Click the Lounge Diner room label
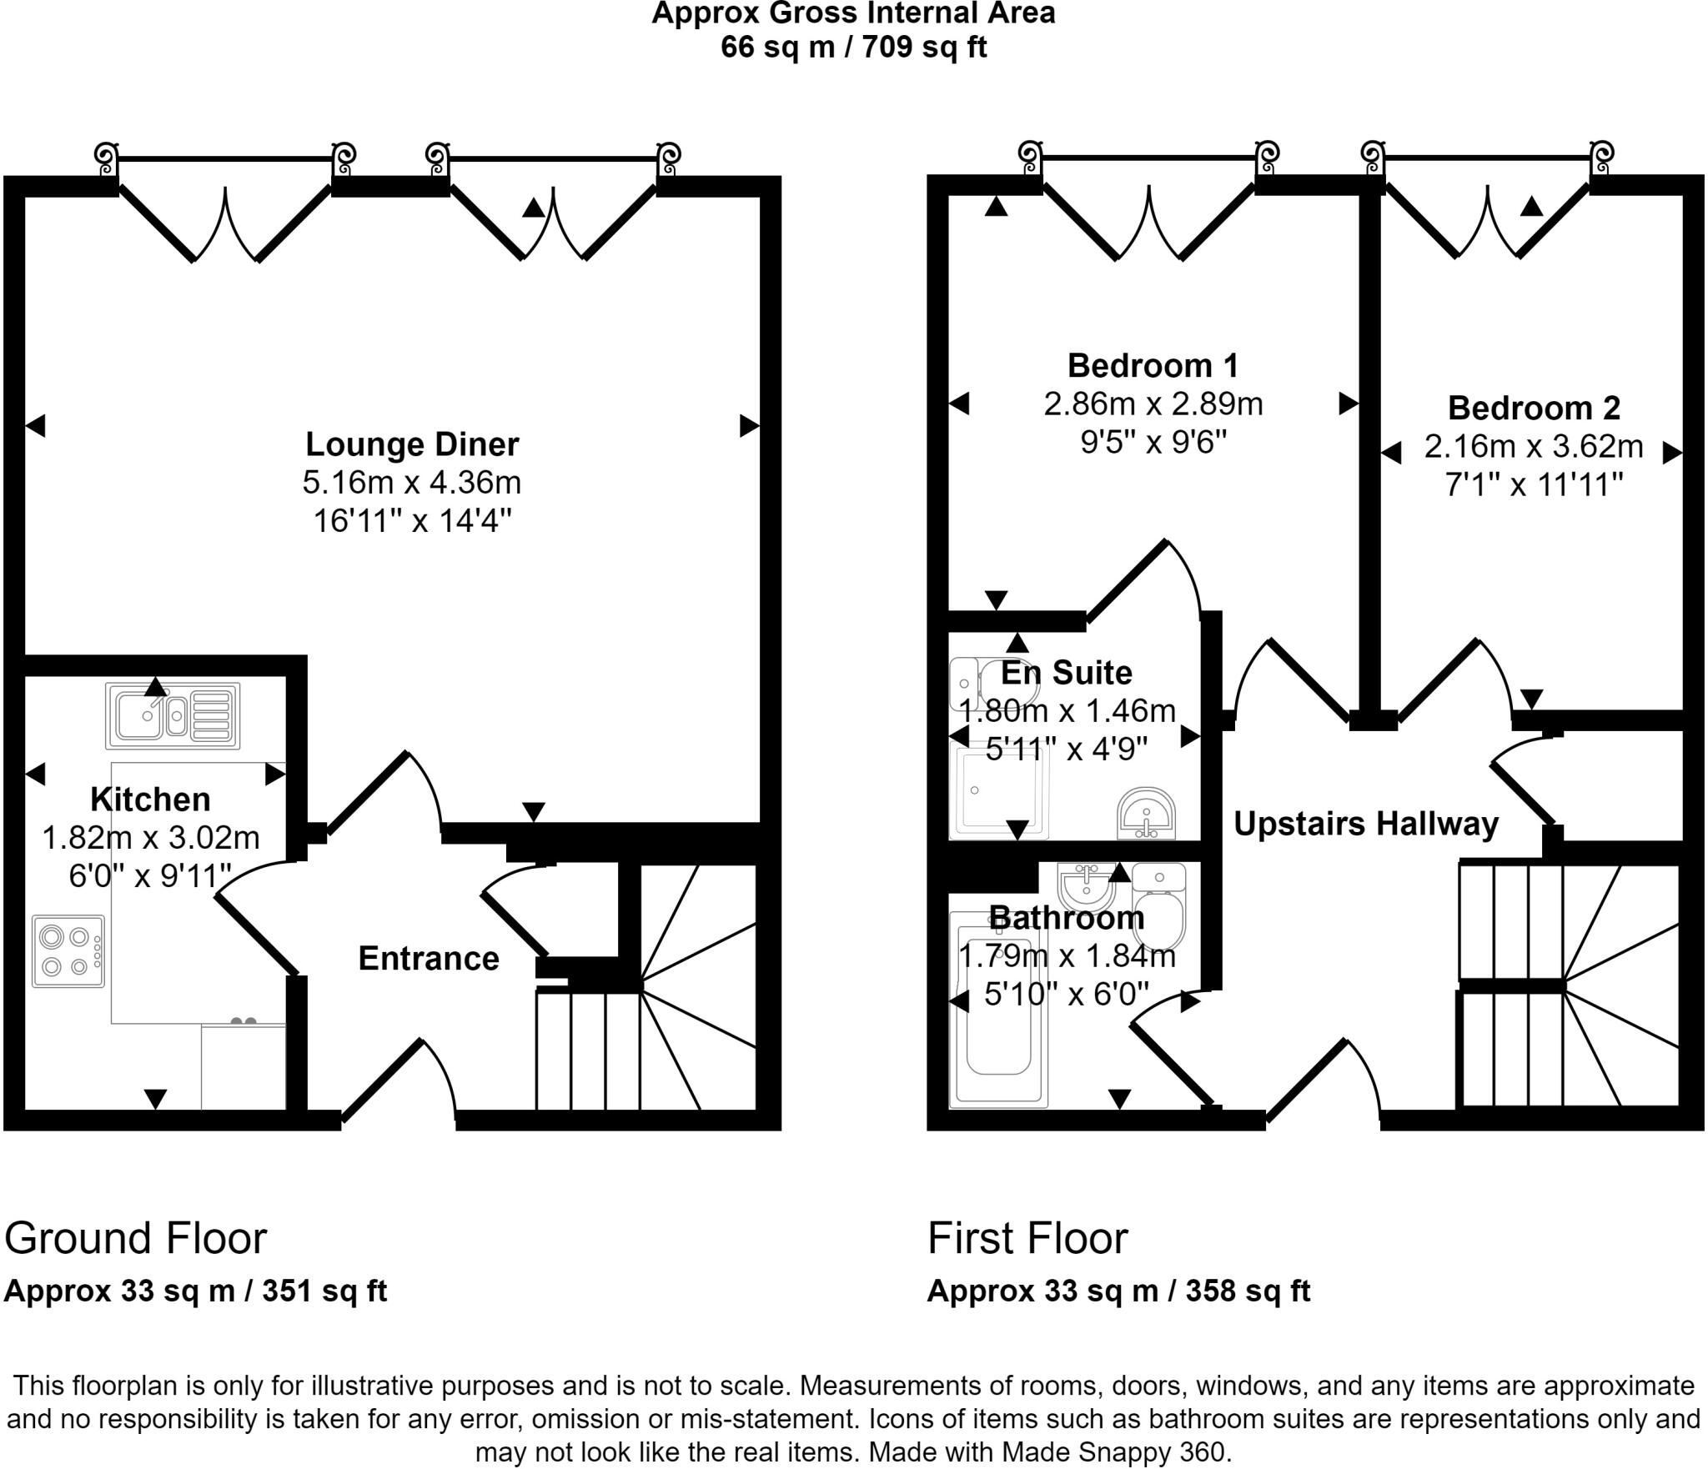click(412, 444)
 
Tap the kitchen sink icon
click(173, 715)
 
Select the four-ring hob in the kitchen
click(69, 951)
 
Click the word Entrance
click(429, 959)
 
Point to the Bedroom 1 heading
click(1153, 366)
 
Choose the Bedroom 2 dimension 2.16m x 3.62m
click(1534, 447)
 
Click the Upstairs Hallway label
click(1366, 824)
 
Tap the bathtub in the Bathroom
click(998, 1010)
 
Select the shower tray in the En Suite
click(994, 791)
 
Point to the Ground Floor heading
click(135, 1238)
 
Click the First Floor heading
click(1027, 1238)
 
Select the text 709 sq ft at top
click(925, 48)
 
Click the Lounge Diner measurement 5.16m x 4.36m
click(412, 483)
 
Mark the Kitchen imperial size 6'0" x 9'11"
click(150, 875)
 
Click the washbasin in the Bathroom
click(1085, 889)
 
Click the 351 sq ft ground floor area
click(324, 1291)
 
